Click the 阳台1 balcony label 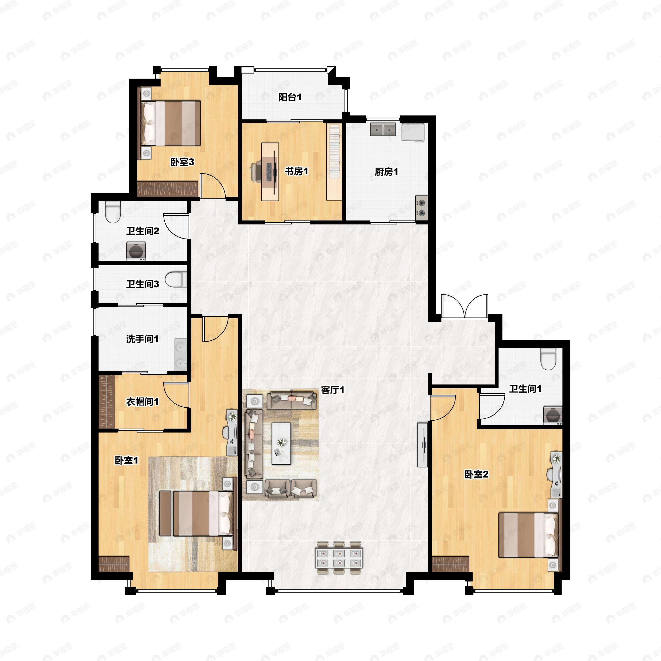coord(290,97)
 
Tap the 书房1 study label coord(296,171)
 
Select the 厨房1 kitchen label coord(386,172)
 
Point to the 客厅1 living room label coord(332,390)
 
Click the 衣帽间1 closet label coord(142,402)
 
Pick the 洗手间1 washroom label coord(142,339)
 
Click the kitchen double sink coord(383,130)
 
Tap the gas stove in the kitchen coord(421,208)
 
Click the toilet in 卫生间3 coord(177,280)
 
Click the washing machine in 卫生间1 coord(552,416)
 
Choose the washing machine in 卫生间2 coord(136,251)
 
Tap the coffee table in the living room coord(281,443)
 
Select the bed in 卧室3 coord(171,123)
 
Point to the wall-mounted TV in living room coord(422,445)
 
